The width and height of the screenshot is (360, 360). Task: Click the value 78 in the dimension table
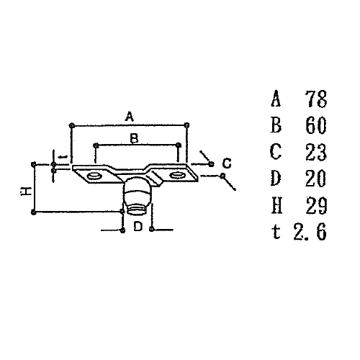(x=316, y=99)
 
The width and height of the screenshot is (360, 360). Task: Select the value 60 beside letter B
(x=316, y=125)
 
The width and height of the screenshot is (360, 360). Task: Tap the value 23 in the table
(x=316, y=152)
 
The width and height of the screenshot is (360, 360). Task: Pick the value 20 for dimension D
(x=316, y=179)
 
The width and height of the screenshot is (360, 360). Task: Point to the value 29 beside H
(x=316, y=205)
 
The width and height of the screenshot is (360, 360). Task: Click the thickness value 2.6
(x=310, y=232)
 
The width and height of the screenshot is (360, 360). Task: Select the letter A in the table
(x=276, y=99)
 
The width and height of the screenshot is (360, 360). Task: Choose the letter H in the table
(x=276, y=205)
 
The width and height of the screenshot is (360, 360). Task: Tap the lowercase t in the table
(x=276, y=233)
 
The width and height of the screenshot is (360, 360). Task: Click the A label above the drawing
(x=130, y=116)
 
